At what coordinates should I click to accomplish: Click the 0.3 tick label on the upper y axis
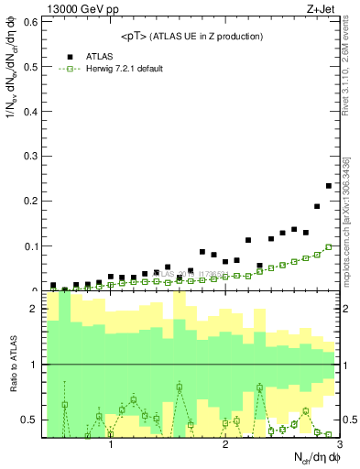tap(31, 156)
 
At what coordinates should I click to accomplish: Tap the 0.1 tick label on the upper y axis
tap(31, 246)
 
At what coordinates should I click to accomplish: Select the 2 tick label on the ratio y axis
tap(35, 310)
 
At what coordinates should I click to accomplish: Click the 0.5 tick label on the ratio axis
tap(31, 420)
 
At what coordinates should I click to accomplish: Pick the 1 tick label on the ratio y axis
tap(35, 365)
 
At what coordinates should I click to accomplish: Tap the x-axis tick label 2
tap(225, 446)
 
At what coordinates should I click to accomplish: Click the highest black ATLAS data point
tap(329, 186)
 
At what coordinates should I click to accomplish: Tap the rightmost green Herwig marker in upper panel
tap(329, 247)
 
